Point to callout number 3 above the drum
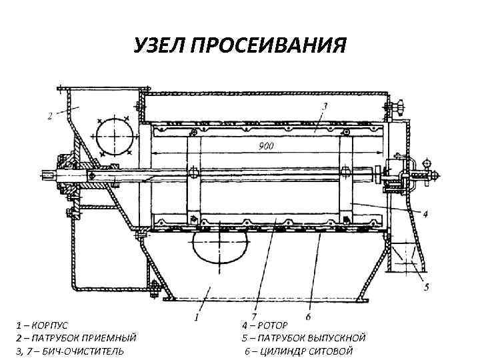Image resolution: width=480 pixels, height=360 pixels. click(324, 106)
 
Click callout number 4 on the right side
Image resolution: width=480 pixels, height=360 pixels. click(425, 214)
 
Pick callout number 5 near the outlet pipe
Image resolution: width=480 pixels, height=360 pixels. click(427, 287)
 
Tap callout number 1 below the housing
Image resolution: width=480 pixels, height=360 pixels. click(196, 317)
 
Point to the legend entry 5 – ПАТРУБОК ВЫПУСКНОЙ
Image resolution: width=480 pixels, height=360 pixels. click(303, 339)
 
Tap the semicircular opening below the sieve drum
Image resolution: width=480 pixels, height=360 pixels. click(215, 247)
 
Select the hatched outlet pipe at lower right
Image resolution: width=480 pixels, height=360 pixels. click(404, 258)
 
